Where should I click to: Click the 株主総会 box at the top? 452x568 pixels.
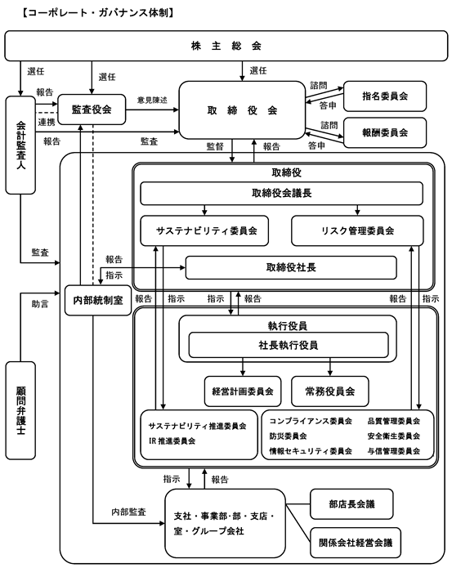(x=226, y=46)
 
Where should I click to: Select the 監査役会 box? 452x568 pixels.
(x=92, y=110)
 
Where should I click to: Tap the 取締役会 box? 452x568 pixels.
(x=242, y=110)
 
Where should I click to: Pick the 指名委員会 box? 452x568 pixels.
(x=385, y=96)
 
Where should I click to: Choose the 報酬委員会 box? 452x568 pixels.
(x=385, y=132)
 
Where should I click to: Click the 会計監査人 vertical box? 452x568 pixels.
(x=20, y=145)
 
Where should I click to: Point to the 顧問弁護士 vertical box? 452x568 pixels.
(x=20, y=410)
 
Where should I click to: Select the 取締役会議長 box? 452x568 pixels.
(x=281, y=193)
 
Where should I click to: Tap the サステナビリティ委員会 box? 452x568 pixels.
(x=204, y=230)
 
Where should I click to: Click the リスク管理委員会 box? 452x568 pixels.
(x=357, y=230)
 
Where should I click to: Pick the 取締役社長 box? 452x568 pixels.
(x=291, y=268)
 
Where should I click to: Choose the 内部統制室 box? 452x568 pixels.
(x=98, y=300)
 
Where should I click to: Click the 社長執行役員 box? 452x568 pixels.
(x=289, y=345)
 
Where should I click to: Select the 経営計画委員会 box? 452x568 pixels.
(x=243, y=391)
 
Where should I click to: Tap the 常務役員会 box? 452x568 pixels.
(x=330, y=391)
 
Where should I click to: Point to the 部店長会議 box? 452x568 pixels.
(x=351, y=504)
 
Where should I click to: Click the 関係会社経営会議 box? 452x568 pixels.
(x=356, y=543)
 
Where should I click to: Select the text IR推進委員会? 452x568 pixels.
(x=172, y=441)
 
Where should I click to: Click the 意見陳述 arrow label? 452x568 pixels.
(x=152, y=100)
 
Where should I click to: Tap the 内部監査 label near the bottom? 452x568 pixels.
(x=128, y=512)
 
